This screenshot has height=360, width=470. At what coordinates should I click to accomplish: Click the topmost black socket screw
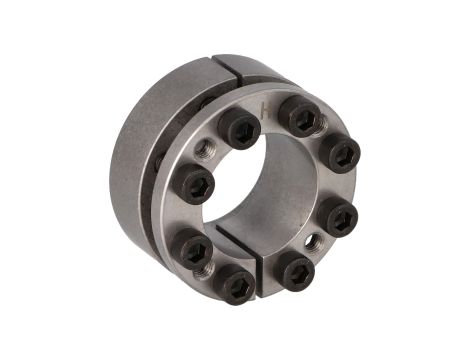(x=300, y=116)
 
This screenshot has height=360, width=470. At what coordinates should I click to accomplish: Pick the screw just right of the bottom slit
(x=292, y=269)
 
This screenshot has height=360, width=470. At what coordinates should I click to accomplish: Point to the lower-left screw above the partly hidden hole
(x=193, y=245)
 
